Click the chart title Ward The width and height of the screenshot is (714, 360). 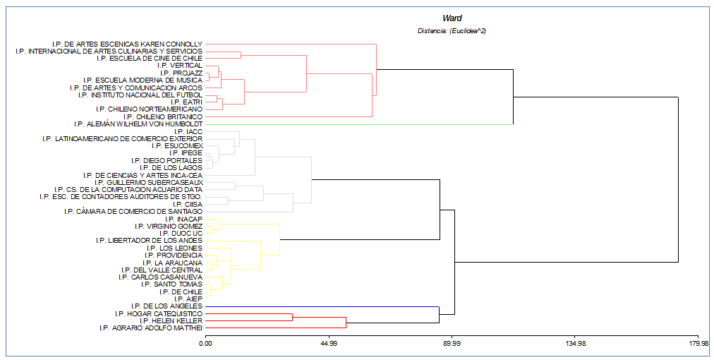click(x=452, y=18)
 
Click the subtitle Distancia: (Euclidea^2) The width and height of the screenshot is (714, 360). click(x=452, y=30)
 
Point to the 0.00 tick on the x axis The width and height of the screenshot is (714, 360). click(x=205, y=344)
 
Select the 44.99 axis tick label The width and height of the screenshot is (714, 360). click(x=329, y=344)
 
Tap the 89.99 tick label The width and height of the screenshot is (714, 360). click(x=452, y=344)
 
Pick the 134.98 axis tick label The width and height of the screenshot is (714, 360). click(x=575, y=344)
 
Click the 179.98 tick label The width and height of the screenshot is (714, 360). click(x=698, y=344)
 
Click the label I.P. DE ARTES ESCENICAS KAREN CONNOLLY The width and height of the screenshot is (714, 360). click(x=127, y=44)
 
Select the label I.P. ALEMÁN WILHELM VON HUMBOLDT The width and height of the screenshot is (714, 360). click(x=138, y=124)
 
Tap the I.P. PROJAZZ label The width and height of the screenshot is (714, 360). click(x=181, y=73)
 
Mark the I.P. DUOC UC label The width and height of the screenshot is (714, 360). click(x=181, y=234)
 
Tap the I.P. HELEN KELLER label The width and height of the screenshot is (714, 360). click(x=171, y=321)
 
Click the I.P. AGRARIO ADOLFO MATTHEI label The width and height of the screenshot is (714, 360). click(x=151, y=328)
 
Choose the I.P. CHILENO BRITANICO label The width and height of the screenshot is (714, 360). click(x=163, y=116)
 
